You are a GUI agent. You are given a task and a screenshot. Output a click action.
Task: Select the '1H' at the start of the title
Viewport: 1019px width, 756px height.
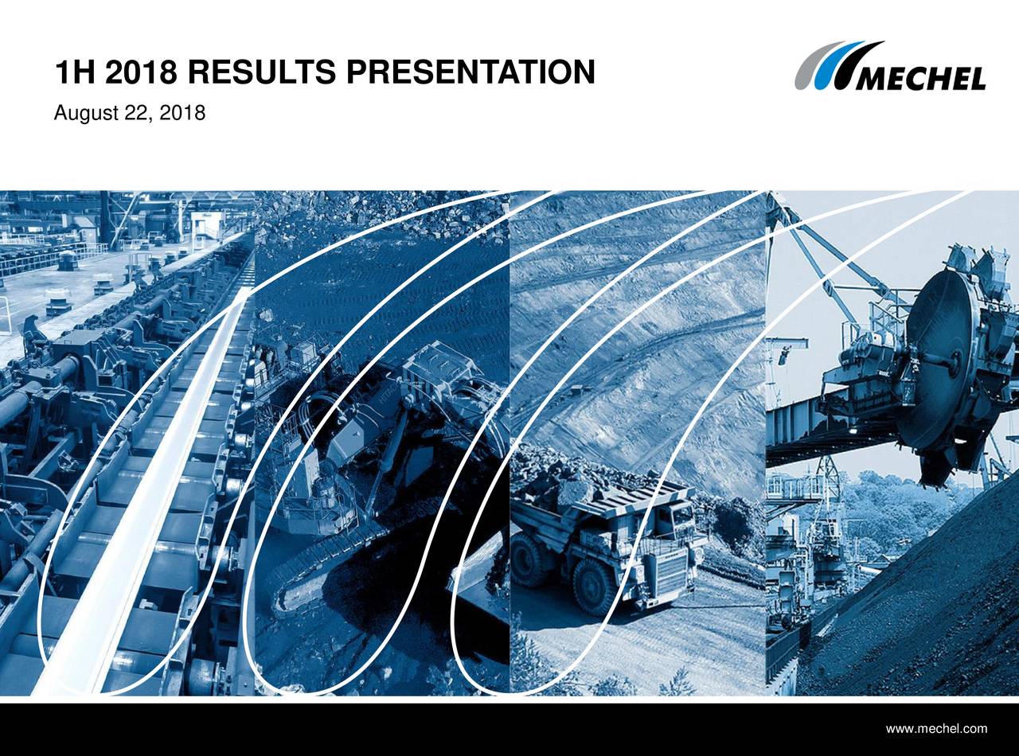coord(74,72)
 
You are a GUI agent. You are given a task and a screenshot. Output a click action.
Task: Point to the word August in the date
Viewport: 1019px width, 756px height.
coord(86,113)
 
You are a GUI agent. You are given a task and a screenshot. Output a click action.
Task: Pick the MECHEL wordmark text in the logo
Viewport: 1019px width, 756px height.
coord(919,79)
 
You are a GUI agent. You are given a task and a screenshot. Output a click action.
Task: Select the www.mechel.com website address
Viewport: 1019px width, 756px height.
coord(936,728)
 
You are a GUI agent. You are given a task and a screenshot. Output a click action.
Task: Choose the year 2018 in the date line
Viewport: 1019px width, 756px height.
coord(182,112)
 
